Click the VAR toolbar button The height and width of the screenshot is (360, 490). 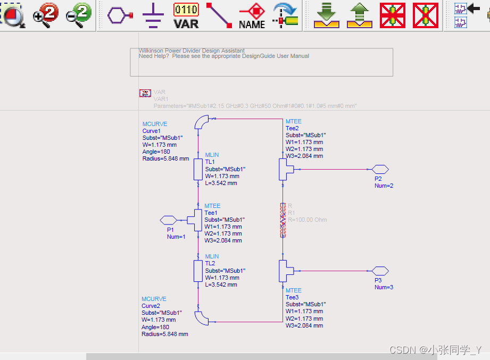pos(186,15)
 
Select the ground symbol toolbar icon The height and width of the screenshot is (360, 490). pos(153,16)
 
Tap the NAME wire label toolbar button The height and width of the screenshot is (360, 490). pos(252,15)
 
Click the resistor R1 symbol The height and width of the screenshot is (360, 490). pos(283,220)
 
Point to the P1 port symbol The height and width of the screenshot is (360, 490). pos(168,220)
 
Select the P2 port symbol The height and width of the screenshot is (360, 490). pos(380,169)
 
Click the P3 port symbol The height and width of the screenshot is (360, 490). pos(380,271)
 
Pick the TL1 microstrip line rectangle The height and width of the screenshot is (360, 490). pos(198,169)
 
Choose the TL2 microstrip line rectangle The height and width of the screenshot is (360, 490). pos(198,271)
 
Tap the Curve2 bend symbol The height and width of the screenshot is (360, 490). pos(202,317)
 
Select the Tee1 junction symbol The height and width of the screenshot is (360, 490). pos(195,220)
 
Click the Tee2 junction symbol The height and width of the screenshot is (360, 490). pos(285,169)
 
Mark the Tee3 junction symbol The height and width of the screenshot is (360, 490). pos(285,271)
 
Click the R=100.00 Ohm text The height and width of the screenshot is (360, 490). pos(308,220)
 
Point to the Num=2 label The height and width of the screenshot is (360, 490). pos(384,186)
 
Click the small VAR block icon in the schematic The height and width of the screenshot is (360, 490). pos(145,93)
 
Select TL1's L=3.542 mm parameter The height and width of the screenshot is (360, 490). pos(221,183)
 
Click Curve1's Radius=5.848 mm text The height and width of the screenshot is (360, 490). pos(165,158)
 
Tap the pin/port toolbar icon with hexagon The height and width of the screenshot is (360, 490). pos(120,15)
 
